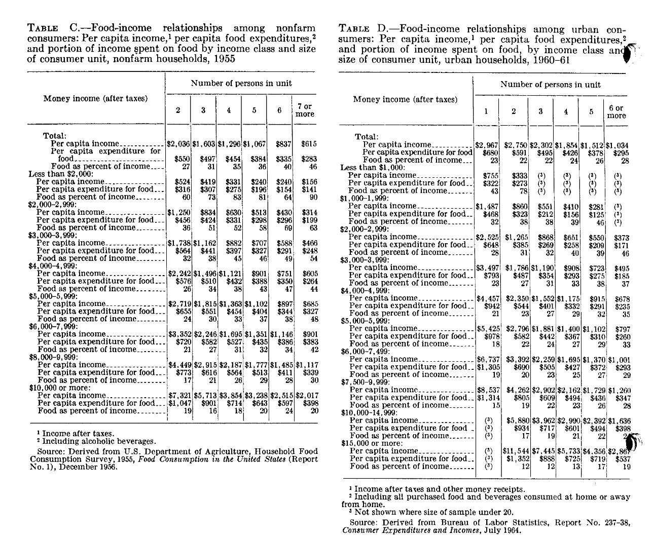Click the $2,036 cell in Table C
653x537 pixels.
(x=178, y=144)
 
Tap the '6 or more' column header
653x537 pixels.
(x=616, y=112)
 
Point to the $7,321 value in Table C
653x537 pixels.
(x=178, y=396)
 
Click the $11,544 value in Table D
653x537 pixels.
(x=514, y=451)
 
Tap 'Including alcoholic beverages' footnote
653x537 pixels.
(x=99, y=442)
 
